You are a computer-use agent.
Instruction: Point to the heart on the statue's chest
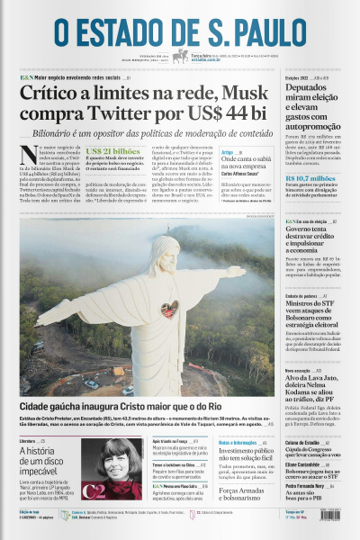(x=168, y=310)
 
